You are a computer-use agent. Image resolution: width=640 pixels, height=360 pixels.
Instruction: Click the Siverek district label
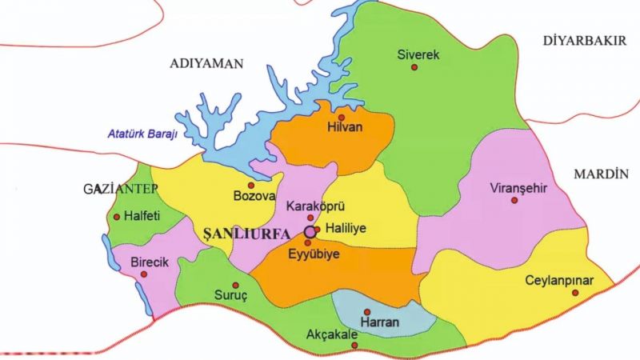(418, 54)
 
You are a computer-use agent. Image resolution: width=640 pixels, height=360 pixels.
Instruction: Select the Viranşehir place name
(517, 189)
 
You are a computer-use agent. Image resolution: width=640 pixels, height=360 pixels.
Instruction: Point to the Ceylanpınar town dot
(574, 293)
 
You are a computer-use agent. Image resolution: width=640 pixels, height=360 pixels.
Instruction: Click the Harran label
(375, 322)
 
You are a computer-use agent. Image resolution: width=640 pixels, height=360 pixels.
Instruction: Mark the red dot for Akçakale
(354, 346)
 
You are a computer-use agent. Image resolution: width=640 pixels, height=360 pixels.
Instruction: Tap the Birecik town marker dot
(144, 274)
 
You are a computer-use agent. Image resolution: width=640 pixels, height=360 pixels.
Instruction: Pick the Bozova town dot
(250, 185)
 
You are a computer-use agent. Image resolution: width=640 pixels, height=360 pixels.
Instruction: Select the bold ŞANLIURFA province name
(241, 232)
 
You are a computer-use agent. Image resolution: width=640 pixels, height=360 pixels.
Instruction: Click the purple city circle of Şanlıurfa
(310, 232)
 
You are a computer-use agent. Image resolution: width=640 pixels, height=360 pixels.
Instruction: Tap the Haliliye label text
(346, 229)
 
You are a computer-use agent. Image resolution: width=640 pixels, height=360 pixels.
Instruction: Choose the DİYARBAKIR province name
(584, 41)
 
